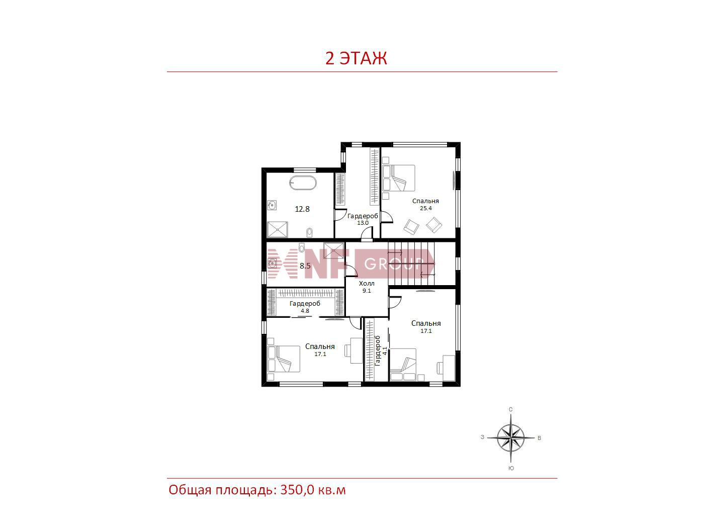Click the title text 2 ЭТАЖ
[x=356, y=58]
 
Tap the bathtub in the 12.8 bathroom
[x=302, y=183]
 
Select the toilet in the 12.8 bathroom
[x=309, y=232]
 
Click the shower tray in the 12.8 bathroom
[x=278, y=229]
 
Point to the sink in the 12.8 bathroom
[x=273, y=205]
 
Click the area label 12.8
[x=302, y=209]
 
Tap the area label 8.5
[x=305, y=266]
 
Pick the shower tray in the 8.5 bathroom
[x=333, y=250]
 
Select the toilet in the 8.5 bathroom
[x=302, y=247]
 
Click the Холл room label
[x=367, y=284]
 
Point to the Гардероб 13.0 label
[x=363, y=219]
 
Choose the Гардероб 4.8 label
[x=305, y=307]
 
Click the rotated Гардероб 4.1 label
[x=381, y=350]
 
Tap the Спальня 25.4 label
[x=425, y=204]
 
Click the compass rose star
[x=510, y=437]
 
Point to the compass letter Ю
[x=511, y=468]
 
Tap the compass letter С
[x=510, y=409]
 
